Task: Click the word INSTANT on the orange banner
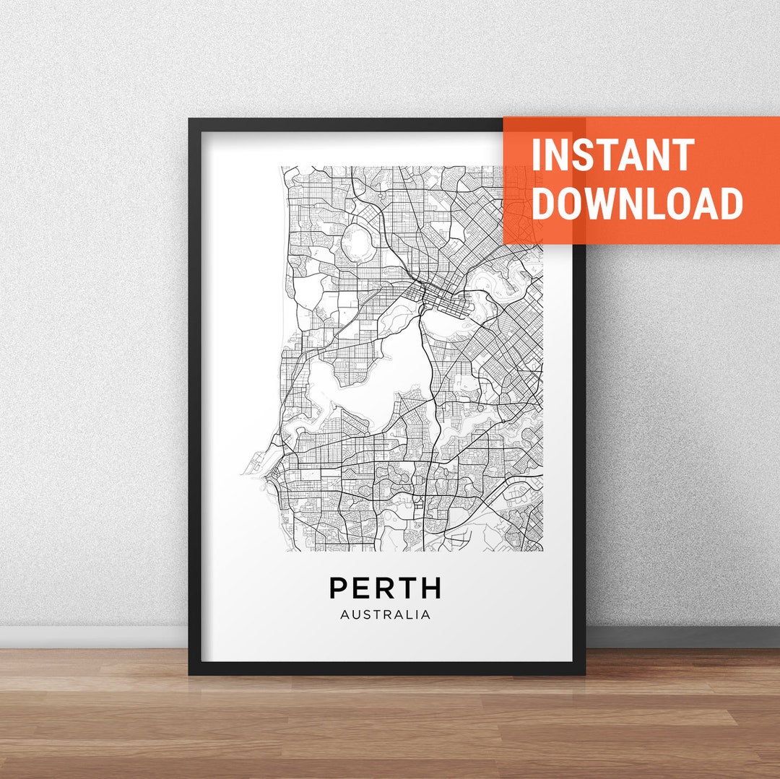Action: coord(612,155)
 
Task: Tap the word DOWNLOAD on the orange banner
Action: coord(637,203)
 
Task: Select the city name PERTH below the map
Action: coord(385,588)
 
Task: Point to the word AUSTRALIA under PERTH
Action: coord(385,615)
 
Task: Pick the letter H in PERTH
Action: coord(430,588)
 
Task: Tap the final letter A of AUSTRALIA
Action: coord(426,615)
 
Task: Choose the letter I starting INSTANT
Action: coord(536,155)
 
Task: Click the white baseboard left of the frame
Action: coord(94,636)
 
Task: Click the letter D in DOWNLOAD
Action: coord(545,203)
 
